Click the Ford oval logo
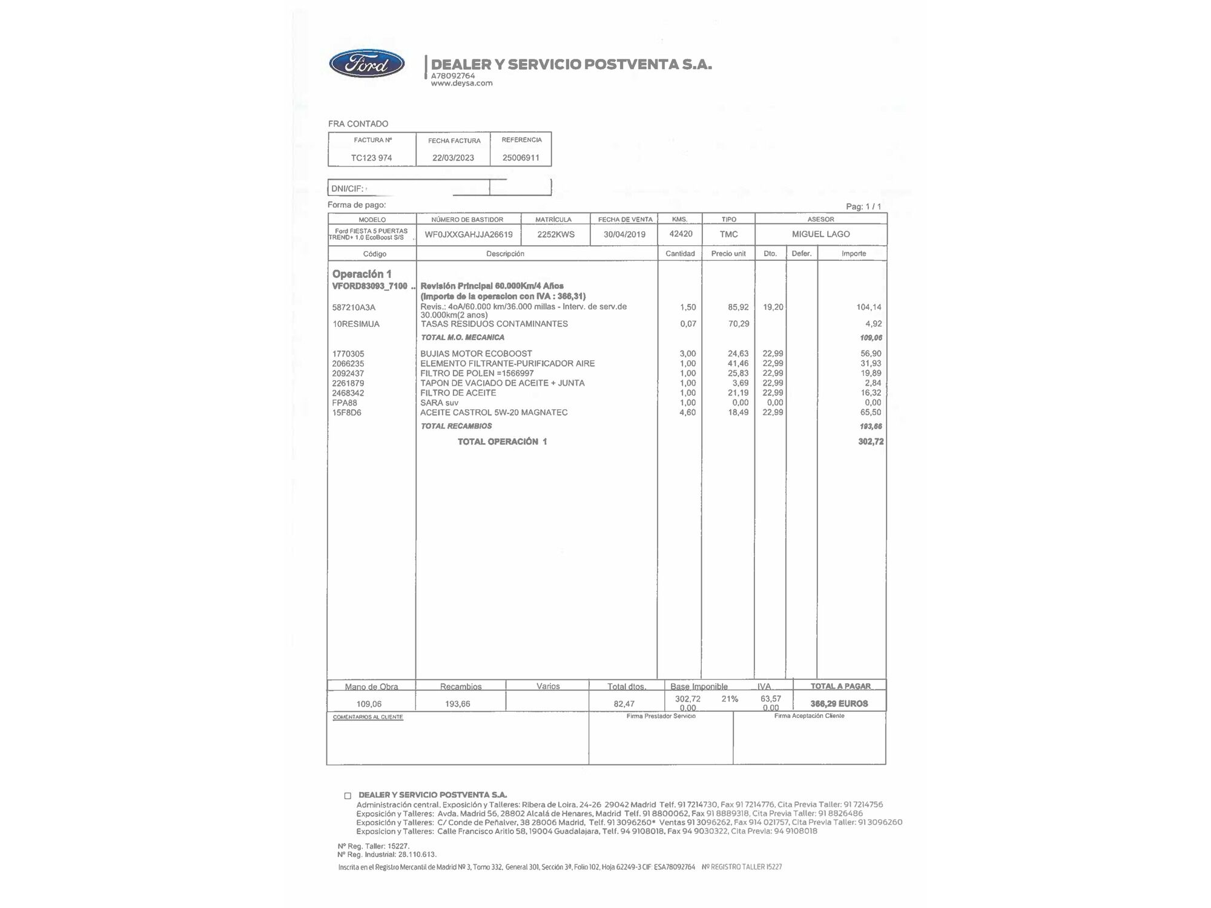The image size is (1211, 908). tap(367, 64)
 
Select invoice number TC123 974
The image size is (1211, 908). tap(372, 158)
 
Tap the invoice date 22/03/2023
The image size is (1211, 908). tap(453, 158)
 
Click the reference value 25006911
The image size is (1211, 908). tap(521, 158)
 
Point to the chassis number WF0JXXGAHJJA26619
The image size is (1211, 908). tap(469, 234)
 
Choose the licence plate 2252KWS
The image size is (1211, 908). tap(556, 234)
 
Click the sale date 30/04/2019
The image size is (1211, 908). tap(624, 234)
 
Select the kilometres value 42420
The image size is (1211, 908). tap(681, 234)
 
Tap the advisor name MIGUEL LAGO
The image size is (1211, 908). tap(820, 234)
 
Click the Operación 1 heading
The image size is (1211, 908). tap(361, 274)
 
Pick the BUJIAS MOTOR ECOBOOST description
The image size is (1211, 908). tap(476, 354)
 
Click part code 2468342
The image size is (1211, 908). tap(348, 393)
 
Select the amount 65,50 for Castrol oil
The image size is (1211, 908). tap(871, 412)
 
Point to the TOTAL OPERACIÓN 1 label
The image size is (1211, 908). tap(502, 442)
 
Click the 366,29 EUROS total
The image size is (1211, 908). tap(839, 703)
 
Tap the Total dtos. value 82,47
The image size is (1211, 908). tap(624, 704)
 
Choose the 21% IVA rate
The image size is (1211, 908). tap(730, 699)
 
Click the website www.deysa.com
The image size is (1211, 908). tap(461, 84)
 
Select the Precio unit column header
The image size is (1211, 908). tap(728, 254)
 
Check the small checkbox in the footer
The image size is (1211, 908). tap(348, 796)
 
